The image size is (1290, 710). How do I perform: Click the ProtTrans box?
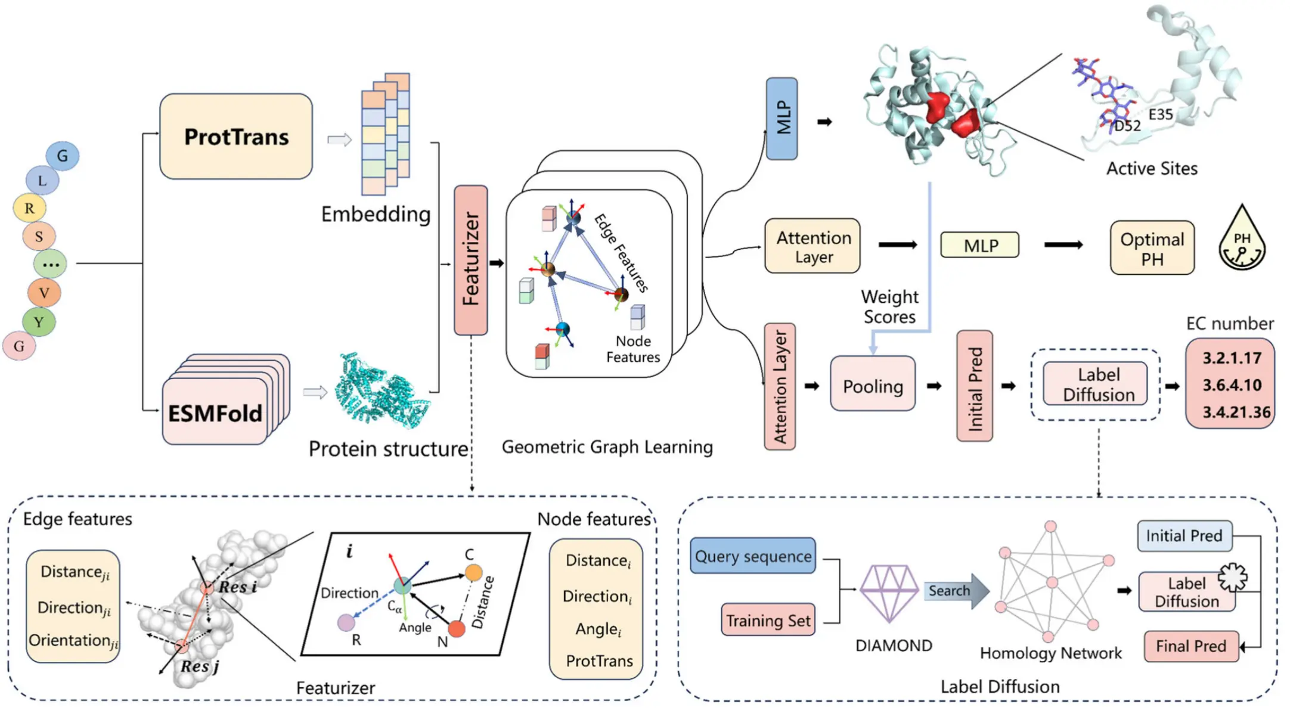[x=236, y=137]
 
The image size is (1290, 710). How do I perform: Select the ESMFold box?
[x=215, y=411]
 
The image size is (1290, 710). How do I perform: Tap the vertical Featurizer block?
[x=471, y=260]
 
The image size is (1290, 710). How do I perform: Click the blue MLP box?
[x=782, y=119]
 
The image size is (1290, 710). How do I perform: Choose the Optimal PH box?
[x=1152, y=248]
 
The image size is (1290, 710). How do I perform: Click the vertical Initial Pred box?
[x=975, y=386]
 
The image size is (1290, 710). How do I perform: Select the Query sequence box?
[x=753, y=556]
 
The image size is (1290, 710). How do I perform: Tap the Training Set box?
[x=768, y=619]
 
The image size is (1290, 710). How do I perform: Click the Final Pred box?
[x=1191, y=646]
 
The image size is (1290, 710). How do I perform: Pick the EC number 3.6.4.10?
[x=1232, y=385]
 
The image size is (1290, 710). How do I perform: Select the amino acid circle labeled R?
[x=29, y=208]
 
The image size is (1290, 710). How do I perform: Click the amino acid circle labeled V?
[x=44, y=293]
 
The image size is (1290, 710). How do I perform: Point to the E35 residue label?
[x=1160, y=114]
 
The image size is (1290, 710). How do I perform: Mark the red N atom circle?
[x=457, y=628]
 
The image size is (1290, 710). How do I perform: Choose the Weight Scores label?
[x=889, y=306]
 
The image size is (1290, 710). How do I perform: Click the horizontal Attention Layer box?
[x=813, y=246]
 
